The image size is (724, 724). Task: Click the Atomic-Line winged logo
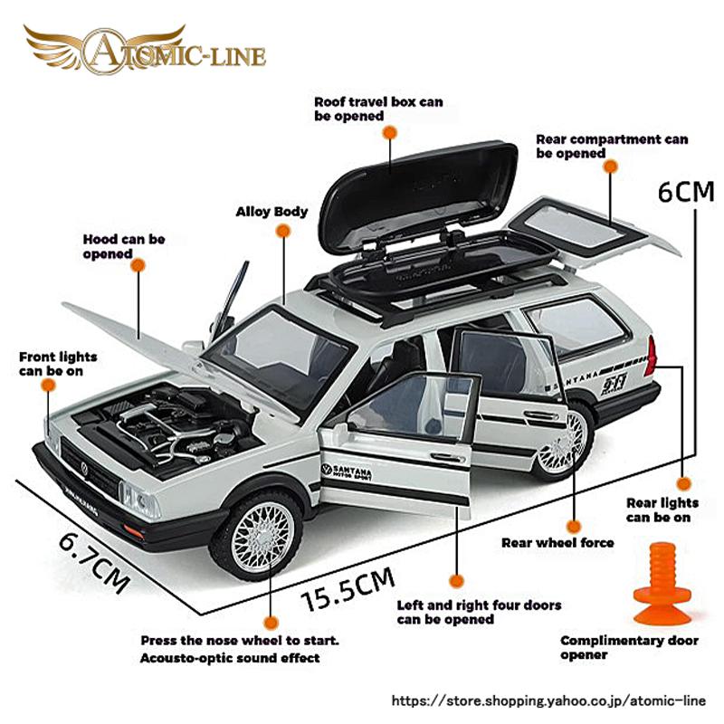145,49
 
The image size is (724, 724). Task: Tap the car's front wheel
256,535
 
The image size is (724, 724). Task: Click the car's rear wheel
563,441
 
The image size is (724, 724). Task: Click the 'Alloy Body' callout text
271,212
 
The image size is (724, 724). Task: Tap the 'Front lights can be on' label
58,364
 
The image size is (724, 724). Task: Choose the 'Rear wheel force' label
557,543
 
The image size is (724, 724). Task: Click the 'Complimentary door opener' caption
629,648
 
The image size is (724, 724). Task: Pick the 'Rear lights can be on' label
662,510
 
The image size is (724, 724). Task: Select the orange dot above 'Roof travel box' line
390,132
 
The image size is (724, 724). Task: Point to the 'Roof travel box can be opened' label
378,109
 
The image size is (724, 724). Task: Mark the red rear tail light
650,355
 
